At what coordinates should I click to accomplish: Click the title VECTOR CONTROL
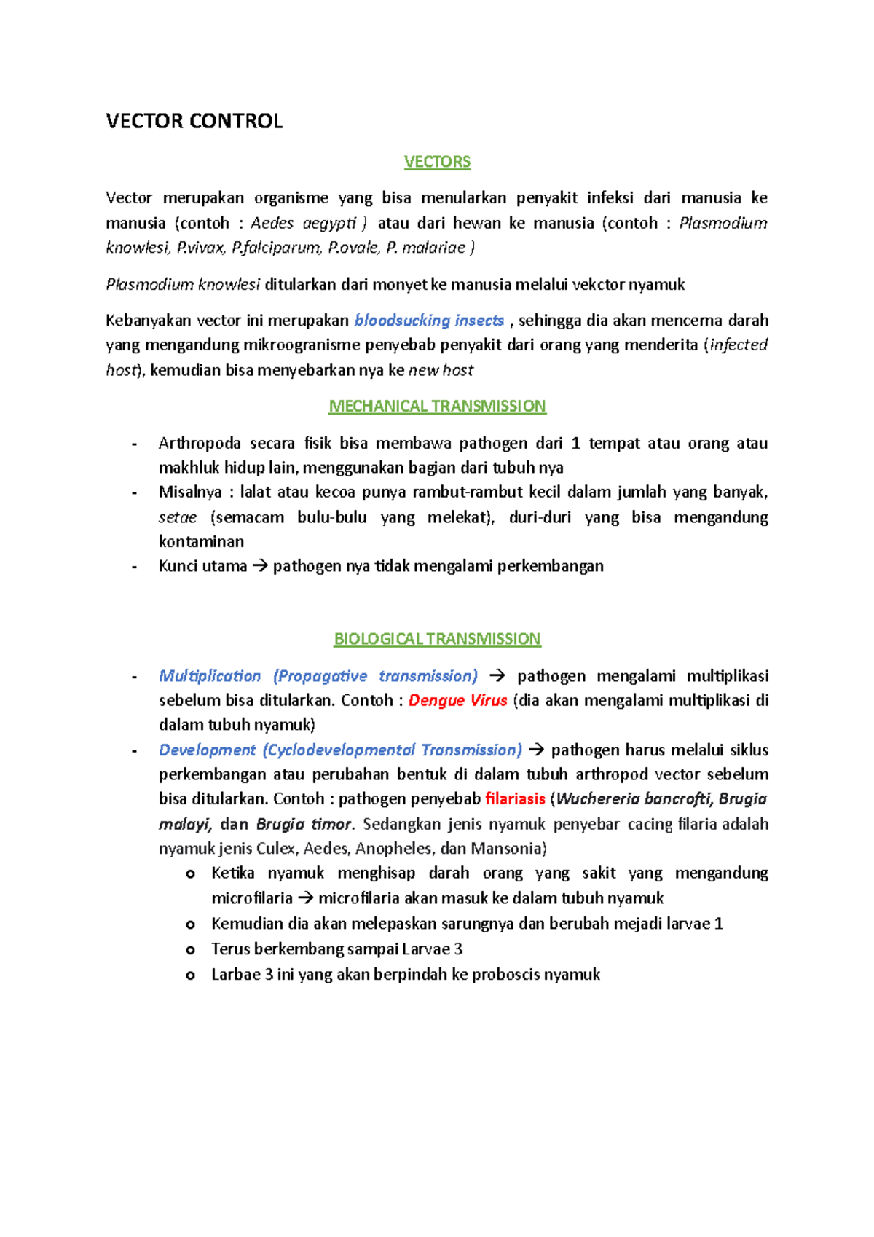pos(194,121)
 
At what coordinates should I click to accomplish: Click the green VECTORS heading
pos(437,162)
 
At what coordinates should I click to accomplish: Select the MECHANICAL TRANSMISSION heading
pos(437,406)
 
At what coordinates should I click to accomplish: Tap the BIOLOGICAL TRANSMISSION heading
pos(437,639)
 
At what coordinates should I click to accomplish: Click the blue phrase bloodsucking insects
pos(429,321)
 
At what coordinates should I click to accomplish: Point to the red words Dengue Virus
pos(457,701)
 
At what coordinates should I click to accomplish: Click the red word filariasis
pos(515,799)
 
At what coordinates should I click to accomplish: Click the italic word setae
pos(178,518)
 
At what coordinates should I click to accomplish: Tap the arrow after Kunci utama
pos(260,567)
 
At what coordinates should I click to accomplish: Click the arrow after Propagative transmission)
pos(497,677)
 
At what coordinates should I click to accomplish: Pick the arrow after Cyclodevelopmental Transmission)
pos(536,750)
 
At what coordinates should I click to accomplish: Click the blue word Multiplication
pos(210,677)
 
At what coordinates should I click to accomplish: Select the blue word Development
pos(207,750)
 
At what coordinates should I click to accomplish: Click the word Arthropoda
pos(199,444)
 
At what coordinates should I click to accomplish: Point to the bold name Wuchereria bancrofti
pos(633,799)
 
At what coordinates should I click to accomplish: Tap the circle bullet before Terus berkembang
pos(190,950)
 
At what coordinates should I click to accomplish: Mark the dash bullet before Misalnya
pos(134,493)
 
